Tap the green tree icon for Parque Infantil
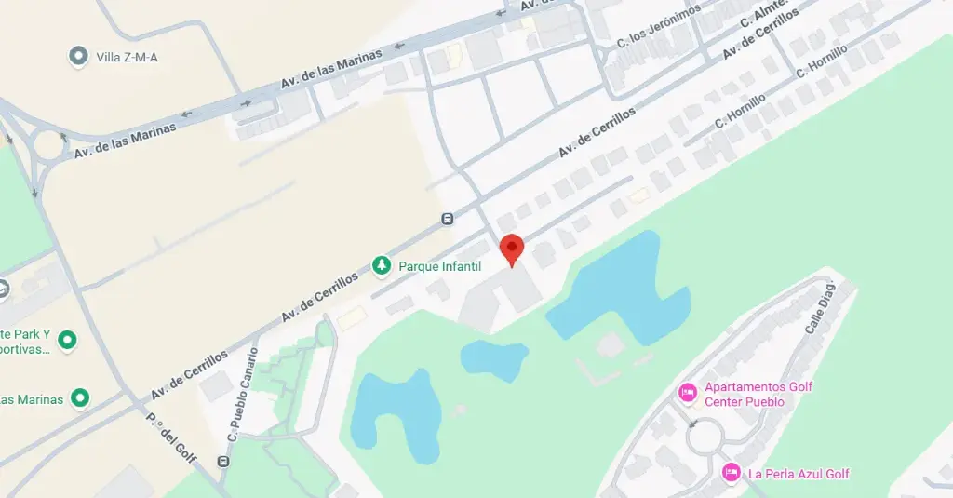(382, 266)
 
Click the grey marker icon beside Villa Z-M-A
(79, 57)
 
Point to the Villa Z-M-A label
(128, 58)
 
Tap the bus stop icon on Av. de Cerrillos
(448, 220)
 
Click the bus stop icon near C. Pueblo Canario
(223, 462)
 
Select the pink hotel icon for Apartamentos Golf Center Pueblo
(688, 391)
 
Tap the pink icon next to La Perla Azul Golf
(732, 473)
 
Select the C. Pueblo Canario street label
(243, 395)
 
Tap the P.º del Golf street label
(172, 437)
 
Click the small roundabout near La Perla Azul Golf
(705, 437)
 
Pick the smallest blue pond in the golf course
(493, 359)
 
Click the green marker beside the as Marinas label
(80, 399)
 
